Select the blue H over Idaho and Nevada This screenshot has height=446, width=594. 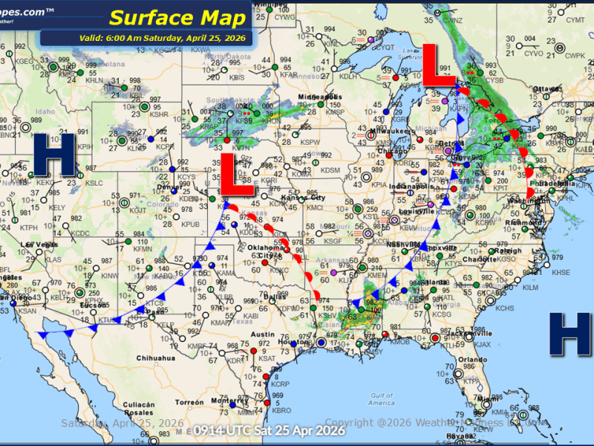point(55,155)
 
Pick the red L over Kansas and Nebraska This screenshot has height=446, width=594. point(231,175)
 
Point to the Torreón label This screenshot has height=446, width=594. point(189,402)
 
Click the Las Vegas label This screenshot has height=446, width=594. point(39,245)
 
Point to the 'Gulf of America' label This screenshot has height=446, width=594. point(380,399)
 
